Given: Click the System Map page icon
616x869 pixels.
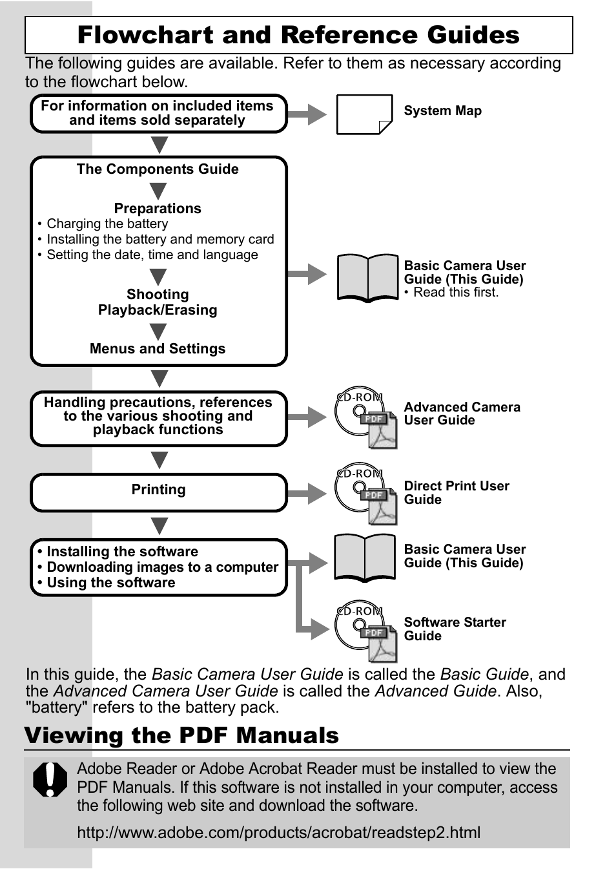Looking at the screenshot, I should [364, 114].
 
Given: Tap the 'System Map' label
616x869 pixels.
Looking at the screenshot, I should [442, 110].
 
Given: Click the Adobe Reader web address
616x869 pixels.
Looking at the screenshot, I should [278, 832].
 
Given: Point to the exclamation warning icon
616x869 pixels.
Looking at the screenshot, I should [50, 779].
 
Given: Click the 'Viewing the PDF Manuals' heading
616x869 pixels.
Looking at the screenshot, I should [181, 735].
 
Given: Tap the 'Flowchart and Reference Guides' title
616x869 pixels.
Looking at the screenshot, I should [298, 35].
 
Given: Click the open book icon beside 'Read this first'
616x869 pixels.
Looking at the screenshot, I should [367, 278].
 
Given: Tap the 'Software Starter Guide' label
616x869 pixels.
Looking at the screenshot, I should [455, 629].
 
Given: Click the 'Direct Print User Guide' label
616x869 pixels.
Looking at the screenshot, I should [456, 492].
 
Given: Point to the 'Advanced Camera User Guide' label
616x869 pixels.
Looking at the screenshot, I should [462, 414].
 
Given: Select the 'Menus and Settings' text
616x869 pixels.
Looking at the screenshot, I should [158, 349].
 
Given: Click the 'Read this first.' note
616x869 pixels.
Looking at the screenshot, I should [456, 293].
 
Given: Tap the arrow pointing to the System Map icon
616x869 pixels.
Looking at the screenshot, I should [307, 114].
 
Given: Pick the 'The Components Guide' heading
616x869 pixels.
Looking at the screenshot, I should [158, 169].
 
